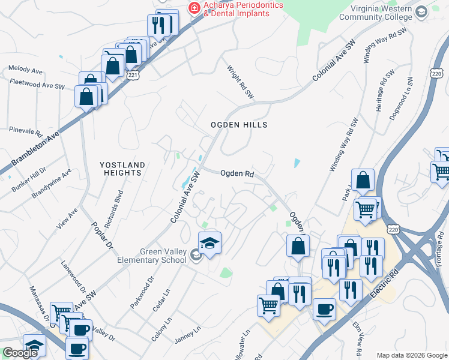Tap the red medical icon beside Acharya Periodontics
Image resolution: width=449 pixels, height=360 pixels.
tap(194, 7)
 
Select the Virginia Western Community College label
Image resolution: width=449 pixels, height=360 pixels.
tap(376, 13)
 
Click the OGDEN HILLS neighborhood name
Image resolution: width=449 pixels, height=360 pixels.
tap(238, 125)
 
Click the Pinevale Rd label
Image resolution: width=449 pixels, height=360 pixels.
tap(25, 130)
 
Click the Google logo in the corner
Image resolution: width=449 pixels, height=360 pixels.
tap(20, 353)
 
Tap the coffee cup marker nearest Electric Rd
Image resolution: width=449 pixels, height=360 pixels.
tap(324, 310)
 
